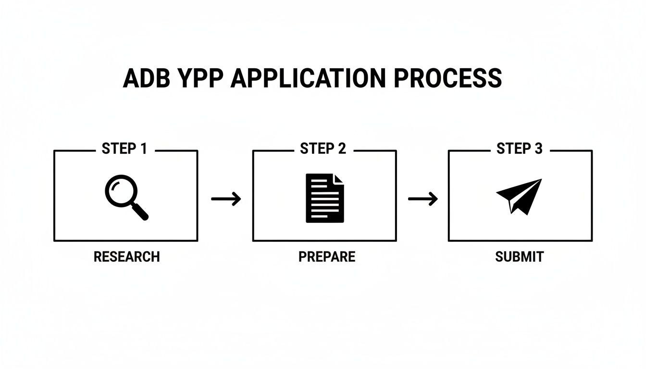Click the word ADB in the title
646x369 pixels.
click(x=146, y=78)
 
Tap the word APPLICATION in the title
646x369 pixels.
click(x=308, y=78)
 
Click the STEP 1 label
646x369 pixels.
click(x=124, y=149)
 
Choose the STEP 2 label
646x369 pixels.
click(x=323, y=149)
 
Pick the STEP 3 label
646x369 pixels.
click(x=520, y=149)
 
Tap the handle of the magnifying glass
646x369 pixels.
click(x=140, y=211)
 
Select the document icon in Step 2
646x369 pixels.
click(x=325, y=198)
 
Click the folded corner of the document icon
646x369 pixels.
click(x=339, y=179)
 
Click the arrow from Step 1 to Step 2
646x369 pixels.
click(x=226, y=198)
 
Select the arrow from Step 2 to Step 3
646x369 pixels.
click(x=423, y=198)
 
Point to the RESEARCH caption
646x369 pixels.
click(x=126, y=257)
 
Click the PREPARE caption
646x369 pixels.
click(x=327, y=257)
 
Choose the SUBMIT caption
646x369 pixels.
click(x=519, y=257)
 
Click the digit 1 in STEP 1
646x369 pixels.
click(x=143, y=149)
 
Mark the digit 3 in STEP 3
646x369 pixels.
click(x=538, y=149)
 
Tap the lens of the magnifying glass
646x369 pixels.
click(x=119, y=190)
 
